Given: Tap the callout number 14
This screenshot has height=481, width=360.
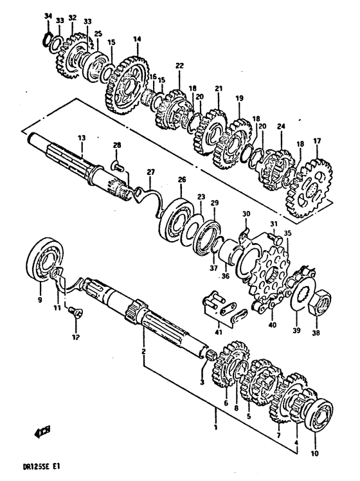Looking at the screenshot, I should tap(136, 39).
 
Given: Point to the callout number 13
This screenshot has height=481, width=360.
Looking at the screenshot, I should tap(82, 138).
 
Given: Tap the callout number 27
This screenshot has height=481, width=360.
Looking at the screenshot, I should tap(150, 172).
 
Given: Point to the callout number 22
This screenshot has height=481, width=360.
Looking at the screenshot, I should tap(179, 66).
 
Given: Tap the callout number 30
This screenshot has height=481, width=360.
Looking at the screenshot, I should tap(245, 213).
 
